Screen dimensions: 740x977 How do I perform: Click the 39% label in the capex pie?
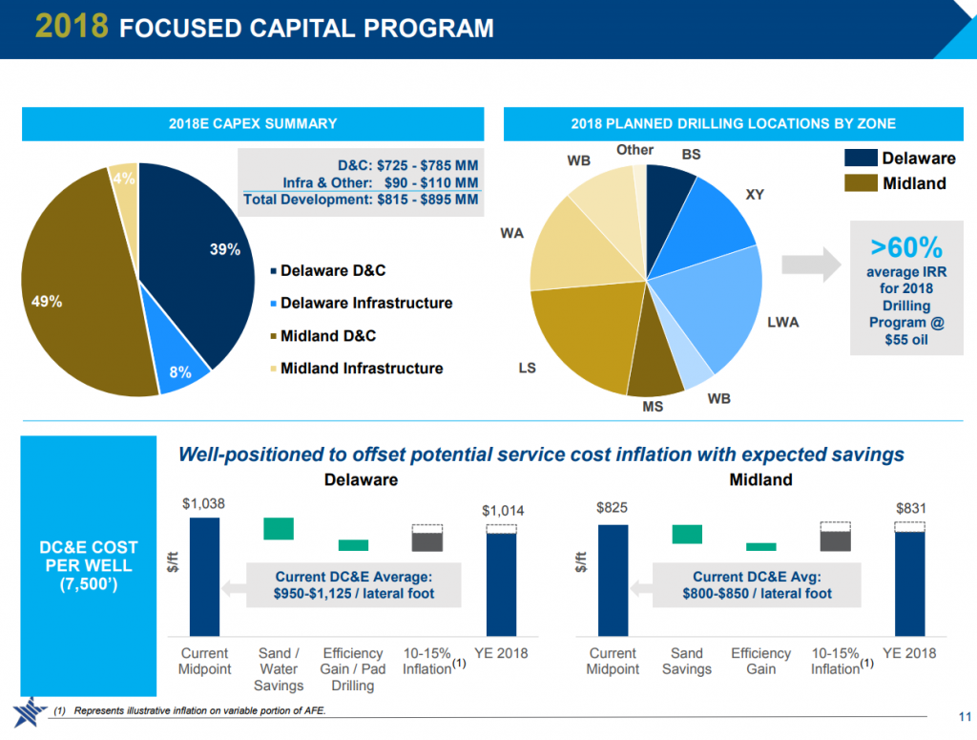[x=224, y=250]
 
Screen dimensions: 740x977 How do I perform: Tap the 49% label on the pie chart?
[x=47, y=302]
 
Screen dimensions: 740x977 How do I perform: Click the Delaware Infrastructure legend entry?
[x=365, y=304]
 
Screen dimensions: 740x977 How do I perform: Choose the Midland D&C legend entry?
[x=327, y=336]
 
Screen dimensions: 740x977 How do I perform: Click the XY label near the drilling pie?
[x=755, y=195]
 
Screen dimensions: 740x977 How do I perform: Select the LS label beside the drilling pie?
[x=527, y=368]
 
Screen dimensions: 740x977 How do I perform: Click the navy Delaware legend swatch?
[x=860, y=159]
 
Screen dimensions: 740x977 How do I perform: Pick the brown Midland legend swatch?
[x=860, y=182]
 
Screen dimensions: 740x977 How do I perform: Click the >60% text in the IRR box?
[x=905, y=248]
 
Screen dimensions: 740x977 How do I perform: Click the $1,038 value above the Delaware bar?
[x=203, y=503]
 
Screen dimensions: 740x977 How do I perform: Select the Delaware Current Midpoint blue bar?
[x=204, y=577]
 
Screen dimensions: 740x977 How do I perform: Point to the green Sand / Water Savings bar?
[x=279, y=528]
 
